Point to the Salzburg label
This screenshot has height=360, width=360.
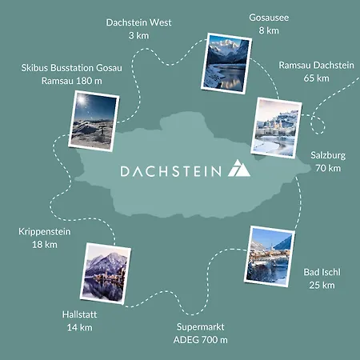coord(328,155)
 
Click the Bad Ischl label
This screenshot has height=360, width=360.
coord(322,272)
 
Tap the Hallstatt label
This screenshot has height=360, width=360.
coord(80,314)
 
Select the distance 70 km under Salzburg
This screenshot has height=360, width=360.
coord(328,168)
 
